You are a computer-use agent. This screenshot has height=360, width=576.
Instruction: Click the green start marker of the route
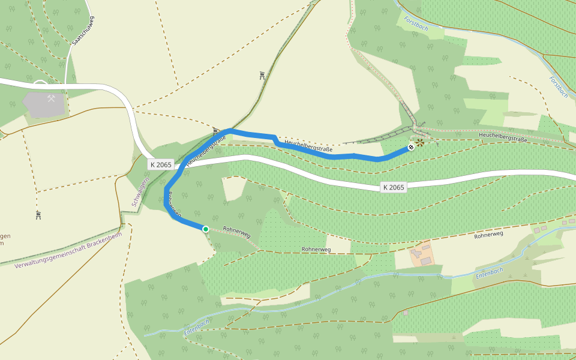pyautogui.click(x=205, y=229)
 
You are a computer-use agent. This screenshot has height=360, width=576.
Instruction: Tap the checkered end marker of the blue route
pyautogui.click(x=412, y=147)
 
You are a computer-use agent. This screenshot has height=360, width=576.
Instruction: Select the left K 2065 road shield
pyautogui.click(x=161, y=164)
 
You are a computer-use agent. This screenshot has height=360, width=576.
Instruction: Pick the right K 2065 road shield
pyautogui.click(x=393, y=187)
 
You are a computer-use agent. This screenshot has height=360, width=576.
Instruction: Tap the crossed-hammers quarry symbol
pyautogui.click(x=52, y=98)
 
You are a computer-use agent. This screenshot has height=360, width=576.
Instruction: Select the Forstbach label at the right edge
pyautogui.click(x=558, y=87)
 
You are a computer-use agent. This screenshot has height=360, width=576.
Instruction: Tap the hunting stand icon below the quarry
pyautogui.click(x=38, y=215)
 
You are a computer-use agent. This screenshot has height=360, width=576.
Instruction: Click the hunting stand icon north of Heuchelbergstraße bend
pyautogui.click(x=262, y=76)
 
